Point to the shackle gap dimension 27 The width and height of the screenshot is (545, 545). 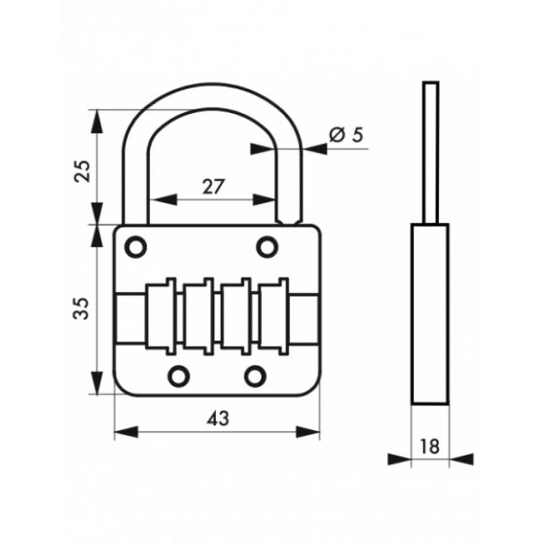tap(214, 187)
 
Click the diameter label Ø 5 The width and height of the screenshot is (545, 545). tap(345, 135)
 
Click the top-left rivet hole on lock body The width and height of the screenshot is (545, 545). tap(136, 247)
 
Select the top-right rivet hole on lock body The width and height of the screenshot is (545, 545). tap(267, 247)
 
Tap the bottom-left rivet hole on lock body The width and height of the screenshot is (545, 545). tap(178, 376)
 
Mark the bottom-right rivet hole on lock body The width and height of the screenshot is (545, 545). tap(255, 376)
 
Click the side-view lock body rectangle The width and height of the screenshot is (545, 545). tap(429, 311)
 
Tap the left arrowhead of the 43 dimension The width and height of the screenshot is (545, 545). tap(121, 433)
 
